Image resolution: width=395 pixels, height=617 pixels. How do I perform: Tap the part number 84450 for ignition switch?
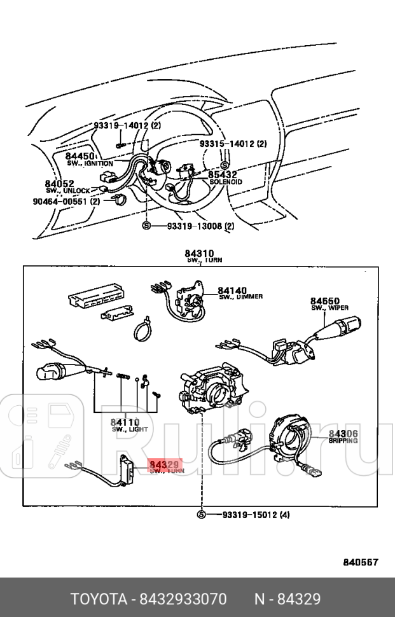[x=80, y=156]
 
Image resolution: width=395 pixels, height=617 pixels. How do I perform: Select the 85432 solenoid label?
[x=223, y=174]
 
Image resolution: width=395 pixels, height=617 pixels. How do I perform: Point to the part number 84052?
[x=60, y=184]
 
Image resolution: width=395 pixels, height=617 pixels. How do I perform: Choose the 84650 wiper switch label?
[x=324, y=301]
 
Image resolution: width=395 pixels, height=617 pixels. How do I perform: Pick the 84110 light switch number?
[x=125, y=422]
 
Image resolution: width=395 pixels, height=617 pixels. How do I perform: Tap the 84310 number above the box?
[x=199, y=254]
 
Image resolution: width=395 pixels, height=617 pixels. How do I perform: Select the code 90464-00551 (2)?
[x=66, y=202]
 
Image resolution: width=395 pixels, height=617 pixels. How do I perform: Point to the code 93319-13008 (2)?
[x=200, y=226]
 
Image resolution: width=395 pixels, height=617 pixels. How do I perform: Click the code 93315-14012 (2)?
[x=233, y=144]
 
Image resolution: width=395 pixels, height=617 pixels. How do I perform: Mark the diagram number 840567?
[x=361, y=562]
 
